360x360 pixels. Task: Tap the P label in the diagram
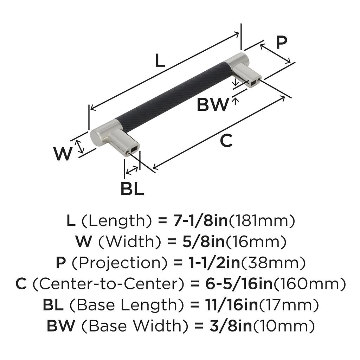tap(281, 43)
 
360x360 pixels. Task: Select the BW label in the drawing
tap(212, 104)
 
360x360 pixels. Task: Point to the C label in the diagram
tap(226, 141)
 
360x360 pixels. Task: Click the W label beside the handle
tap(63, 154)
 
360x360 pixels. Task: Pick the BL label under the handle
tap(132, 189)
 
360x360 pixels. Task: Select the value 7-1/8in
tap(199, 221)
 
